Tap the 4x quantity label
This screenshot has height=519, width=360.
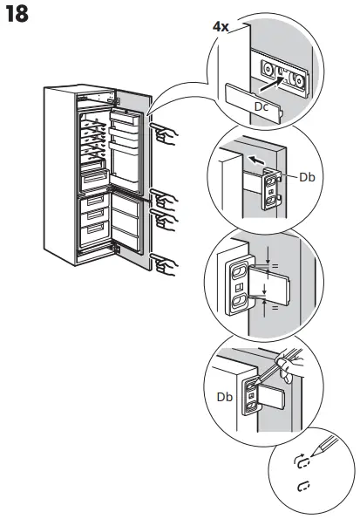tap(221, 27)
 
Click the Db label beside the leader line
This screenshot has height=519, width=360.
tap(306, 177)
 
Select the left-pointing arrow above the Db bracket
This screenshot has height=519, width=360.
tap(255, 160)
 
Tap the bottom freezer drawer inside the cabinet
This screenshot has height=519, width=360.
tap(93, 230)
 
